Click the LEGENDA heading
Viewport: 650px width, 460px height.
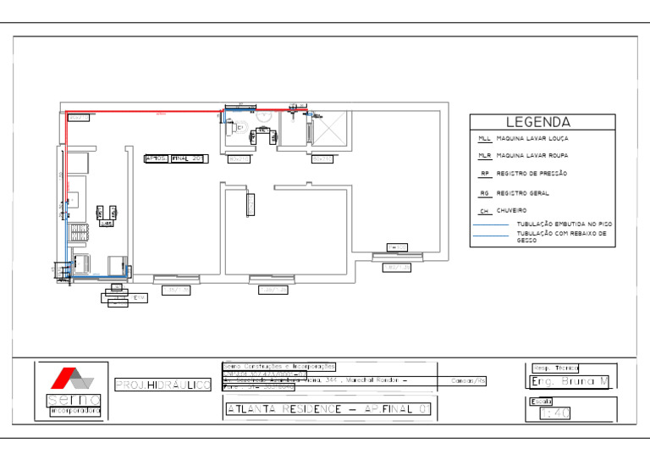(538, 123)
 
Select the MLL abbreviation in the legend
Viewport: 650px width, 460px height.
(484, 138)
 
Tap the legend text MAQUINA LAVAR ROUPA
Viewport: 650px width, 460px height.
(532, 156)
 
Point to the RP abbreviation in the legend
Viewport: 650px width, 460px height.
(485, 174)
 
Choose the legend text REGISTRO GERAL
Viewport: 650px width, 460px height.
(522, 193)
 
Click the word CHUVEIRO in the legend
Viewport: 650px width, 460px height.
(512, 210)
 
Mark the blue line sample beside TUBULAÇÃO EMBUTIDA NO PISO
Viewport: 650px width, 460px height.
(492, 224)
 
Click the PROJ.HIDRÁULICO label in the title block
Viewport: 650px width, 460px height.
(162, 385)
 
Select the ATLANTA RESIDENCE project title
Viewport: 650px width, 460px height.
(329, 410)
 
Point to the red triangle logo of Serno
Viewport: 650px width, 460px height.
(62, 377)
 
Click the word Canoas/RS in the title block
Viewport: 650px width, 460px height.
(469, 381)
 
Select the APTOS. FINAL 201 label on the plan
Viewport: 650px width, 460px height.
(175, 158)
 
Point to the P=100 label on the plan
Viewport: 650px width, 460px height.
(397, 247)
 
